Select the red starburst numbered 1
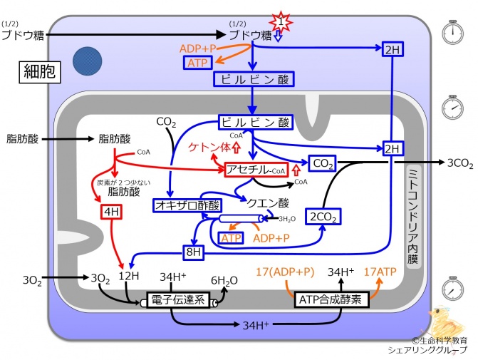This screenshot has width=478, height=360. tap(283, 22)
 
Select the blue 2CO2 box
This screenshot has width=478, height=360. tap(323, 216)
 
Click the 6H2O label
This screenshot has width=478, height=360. tap(223, 280)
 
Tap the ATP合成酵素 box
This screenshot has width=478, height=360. tap(332, 299)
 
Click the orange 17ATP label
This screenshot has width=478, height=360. tap(379, 272)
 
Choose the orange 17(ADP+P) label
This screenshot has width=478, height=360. tap(284, 272)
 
